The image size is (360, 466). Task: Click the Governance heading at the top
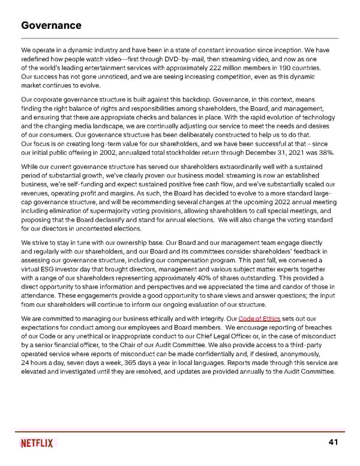pos(50,25)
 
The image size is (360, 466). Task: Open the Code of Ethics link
pos(259,318)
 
